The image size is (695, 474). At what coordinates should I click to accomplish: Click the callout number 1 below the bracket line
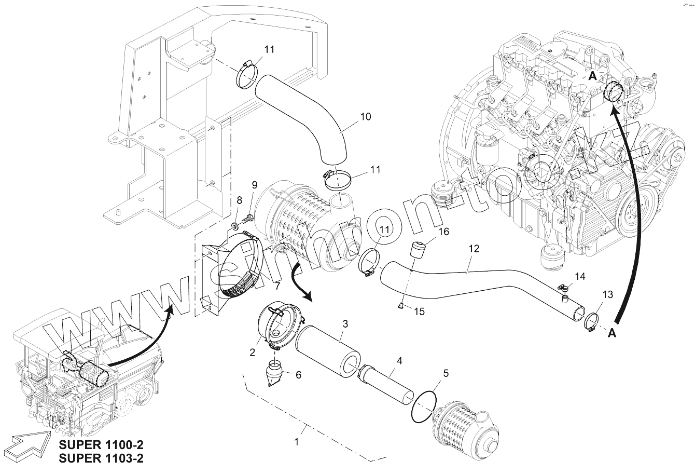[x=296, y=442]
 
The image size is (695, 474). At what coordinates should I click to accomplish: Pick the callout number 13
[x=607, y=294]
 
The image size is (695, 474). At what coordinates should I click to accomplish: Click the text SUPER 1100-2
[x=101, y=445]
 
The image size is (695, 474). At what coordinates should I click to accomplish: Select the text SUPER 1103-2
[x=101, y=458]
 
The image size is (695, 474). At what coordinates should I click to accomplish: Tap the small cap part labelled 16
[x=418, y=251]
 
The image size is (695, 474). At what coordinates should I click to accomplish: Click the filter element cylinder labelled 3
[x=328, y=351]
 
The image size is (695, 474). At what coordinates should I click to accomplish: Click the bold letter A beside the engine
[x=592, y=76]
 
